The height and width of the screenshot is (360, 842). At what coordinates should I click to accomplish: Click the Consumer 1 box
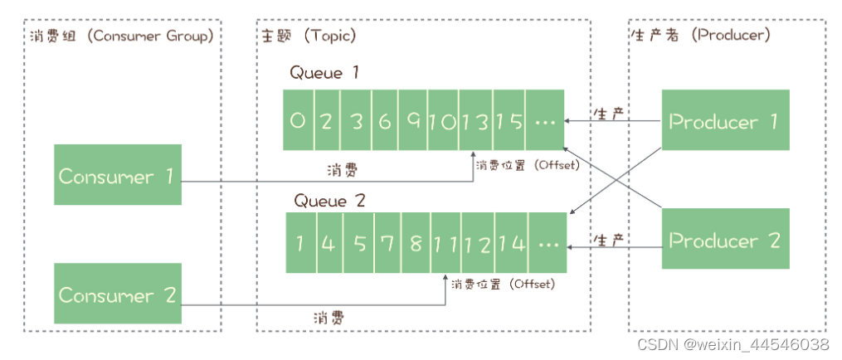(x=118, y=175)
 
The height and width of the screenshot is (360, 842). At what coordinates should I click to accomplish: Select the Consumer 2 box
(x=118, y=294)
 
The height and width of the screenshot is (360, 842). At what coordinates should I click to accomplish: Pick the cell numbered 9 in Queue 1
(x=413, y=121)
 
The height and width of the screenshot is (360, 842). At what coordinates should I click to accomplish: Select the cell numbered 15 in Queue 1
(x=510, y=121)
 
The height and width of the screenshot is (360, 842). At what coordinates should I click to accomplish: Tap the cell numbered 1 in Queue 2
(x=300, y=243)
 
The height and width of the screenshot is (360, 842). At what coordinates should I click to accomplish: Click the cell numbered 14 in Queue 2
(x=511, y=243)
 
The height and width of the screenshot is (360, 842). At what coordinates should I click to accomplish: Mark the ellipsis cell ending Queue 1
(x=545, y=121)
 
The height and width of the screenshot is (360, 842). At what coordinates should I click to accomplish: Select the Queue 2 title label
(x=329, y=200)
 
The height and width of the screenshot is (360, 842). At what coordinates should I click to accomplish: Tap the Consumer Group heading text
(x=119, y=36)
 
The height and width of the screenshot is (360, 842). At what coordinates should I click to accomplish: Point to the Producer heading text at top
(x=699, y=36)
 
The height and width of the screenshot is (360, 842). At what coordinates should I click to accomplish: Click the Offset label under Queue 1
(x=526, y=165)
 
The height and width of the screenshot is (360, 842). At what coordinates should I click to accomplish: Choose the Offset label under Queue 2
(x=502, y=285)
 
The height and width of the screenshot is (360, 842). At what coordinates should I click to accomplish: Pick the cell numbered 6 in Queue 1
(x=385, y=121)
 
